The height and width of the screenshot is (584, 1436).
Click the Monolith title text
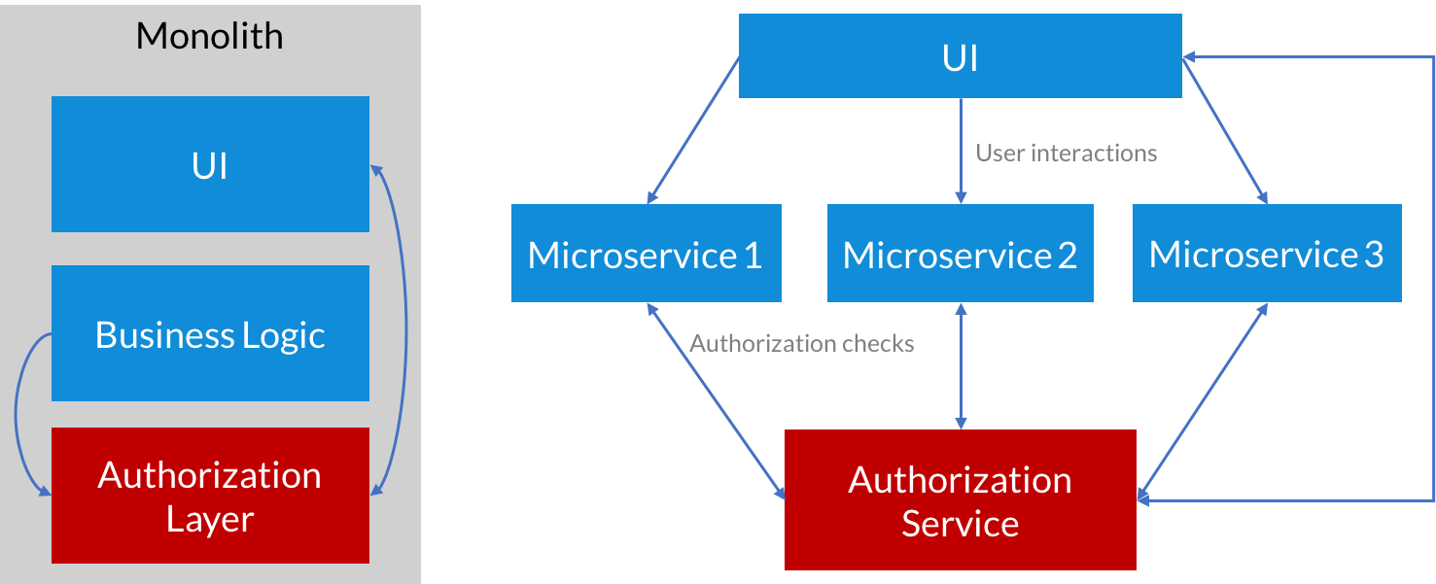(x=209, y=37)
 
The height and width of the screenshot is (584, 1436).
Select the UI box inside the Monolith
(x=210, y=164)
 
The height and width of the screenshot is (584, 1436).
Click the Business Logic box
(x=210, y=333)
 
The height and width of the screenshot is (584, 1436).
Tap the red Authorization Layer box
(x=210, y=496)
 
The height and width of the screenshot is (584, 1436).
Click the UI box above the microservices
(x=960, y=56)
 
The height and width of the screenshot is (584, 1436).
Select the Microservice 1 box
(x=646, y=254)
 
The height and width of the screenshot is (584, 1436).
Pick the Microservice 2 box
(x=960, y=254)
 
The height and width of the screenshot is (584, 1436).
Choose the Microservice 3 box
(x=1266, y=254)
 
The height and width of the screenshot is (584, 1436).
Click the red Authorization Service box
(x=960, y=499)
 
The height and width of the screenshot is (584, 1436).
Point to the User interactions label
(x=1066, y=154)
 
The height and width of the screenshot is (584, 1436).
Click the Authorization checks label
(x=801, y=344)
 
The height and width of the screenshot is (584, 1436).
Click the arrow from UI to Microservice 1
(x=693, y=129)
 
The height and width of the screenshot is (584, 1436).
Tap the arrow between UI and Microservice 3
(x=1225, y=129)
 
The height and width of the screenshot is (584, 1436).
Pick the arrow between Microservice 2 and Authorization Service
(x=961, y=365)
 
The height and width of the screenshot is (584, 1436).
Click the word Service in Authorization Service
(x=960, y=524)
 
